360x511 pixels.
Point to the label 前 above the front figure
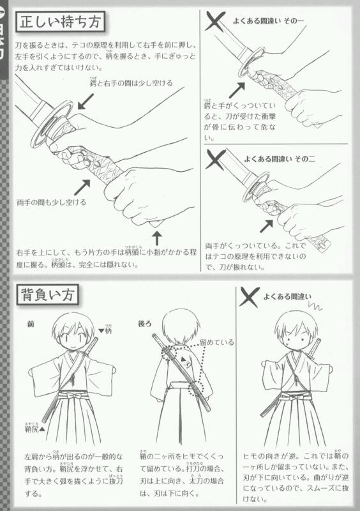(30, 324)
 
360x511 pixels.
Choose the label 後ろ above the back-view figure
(144, 324)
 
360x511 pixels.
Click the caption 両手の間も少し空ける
(52, 202)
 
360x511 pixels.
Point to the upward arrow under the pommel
(157, 241)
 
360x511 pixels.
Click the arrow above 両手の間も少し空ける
(82, 187)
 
